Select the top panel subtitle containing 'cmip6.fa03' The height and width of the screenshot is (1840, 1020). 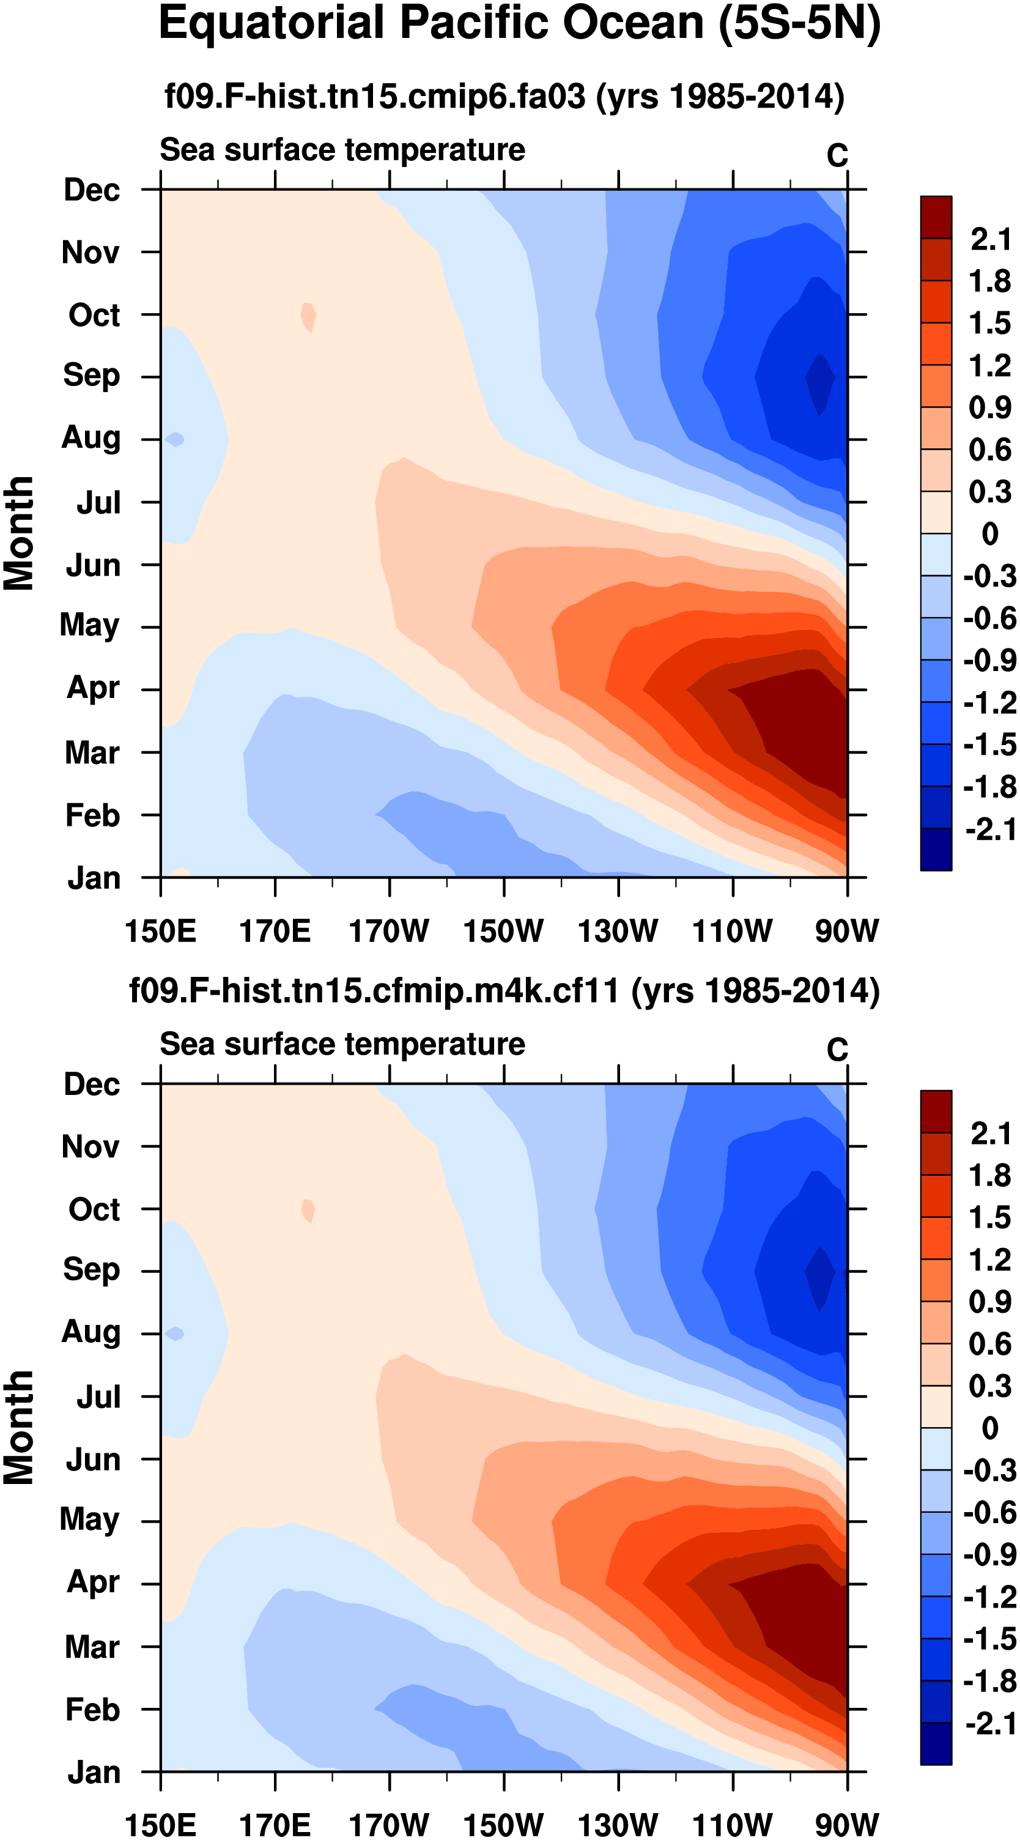(504, 95)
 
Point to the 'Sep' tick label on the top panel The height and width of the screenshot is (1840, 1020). (92, 375)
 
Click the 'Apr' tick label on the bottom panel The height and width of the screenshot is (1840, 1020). (93, 1581)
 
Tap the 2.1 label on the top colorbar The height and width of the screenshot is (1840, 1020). (989, 239)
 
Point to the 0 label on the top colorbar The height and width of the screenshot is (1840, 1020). (989, 533)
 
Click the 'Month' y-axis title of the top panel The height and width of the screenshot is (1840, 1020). (18, 533)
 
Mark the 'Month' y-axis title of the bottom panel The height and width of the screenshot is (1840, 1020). (18, 1428)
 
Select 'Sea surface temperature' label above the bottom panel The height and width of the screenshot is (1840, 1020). (342, 1044)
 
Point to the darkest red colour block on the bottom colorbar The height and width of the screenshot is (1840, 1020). (936, 1111)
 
